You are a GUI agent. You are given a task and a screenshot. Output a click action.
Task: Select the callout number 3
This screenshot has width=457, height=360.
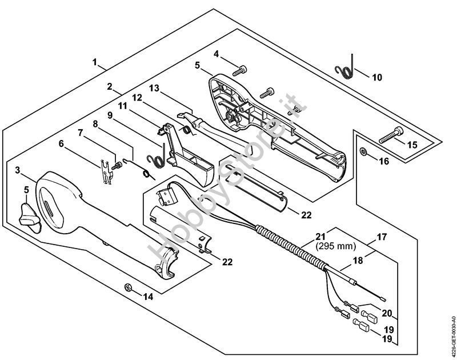pyautogui.click(x=18, y=170)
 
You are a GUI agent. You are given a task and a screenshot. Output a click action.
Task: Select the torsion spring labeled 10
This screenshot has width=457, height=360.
pyautogui.click(x=345, y=69)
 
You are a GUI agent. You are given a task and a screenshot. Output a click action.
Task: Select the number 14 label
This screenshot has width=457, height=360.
pyautogui.click(x=149, y=296)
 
